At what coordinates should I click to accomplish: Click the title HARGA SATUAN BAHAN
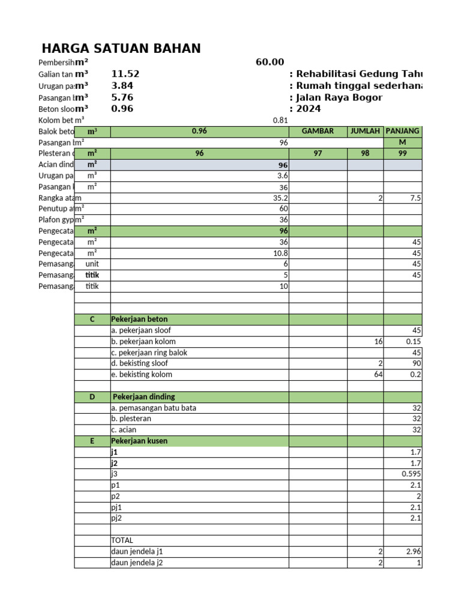121,49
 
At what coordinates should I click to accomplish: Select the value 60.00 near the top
270,62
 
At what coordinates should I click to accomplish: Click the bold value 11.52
125,74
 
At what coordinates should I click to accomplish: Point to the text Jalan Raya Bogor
336,97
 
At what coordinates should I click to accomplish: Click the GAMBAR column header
318,131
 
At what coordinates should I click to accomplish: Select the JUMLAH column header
366,131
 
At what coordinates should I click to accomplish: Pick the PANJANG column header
402,131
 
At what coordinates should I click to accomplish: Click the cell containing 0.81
280,120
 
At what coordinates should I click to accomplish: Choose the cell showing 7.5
414,198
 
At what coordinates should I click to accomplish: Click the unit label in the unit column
92,264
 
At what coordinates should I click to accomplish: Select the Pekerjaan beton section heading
139,320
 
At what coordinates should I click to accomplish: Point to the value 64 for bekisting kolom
377,375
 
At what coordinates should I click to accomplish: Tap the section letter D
92,397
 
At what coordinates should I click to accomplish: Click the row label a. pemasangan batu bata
154,408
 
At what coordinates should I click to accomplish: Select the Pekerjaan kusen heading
139,441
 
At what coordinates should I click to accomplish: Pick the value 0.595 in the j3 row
411,474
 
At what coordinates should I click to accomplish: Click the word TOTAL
122,540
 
